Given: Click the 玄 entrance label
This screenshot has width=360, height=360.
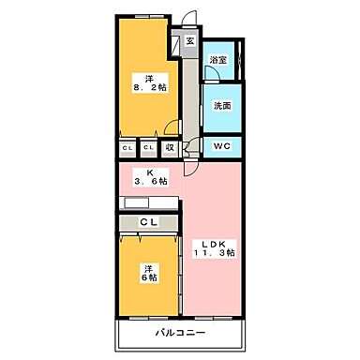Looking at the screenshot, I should [x=188, y=40].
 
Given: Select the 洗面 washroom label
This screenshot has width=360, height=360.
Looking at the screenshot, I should [x=221, y=106].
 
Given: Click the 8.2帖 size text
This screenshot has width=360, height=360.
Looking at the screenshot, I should [x=150, y=88].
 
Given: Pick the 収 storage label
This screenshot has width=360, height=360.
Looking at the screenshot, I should [x=171, y=146].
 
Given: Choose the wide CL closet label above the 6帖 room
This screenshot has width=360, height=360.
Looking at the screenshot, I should [x=148, y=222].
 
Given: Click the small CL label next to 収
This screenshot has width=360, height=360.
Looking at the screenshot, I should [x=149, y=146].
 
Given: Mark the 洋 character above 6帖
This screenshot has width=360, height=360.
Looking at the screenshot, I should [x=147, y=267].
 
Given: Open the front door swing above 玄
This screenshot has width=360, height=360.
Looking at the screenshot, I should [x=190, y=21].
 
